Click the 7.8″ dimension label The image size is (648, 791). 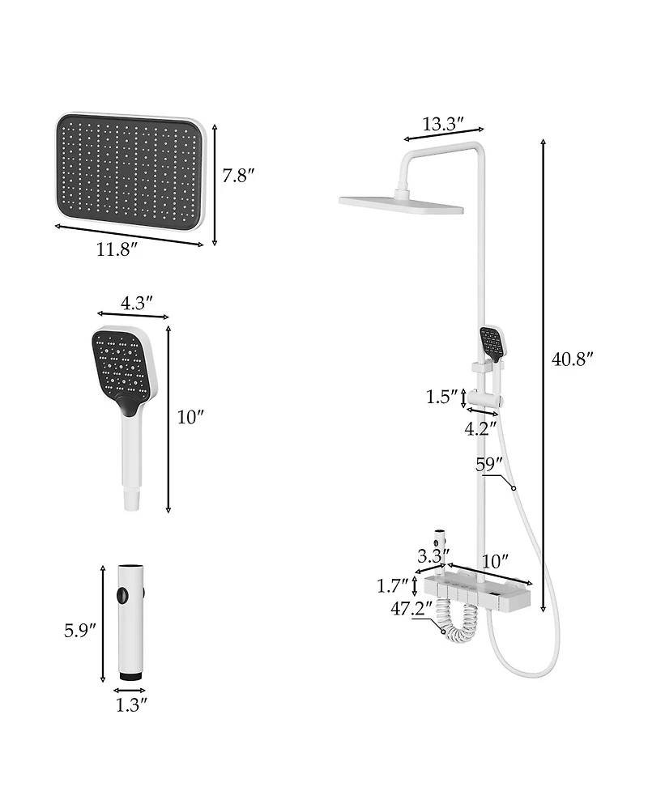[239, 176]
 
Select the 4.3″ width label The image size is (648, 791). [137, 303]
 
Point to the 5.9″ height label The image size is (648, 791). [80, 629]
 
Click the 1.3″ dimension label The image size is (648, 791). [131, 705]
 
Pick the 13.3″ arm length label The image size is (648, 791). [443, 124]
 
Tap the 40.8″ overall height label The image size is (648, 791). [573, 359]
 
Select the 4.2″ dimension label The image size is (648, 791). [480, 429]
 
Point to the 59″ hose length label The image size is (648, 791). [489, 466]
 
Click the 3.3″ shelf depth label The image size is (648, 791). [433, 555]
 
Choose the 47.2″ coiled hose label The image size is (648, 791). [411, 609]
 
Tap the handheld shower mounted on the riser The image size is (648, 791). [491, 344]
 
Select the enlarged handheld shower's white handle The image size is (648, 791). [132, 461]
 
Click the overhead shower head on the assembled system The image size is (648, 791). [401, 204]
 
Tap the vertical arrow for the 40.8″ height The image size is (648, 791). [543, 372]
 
